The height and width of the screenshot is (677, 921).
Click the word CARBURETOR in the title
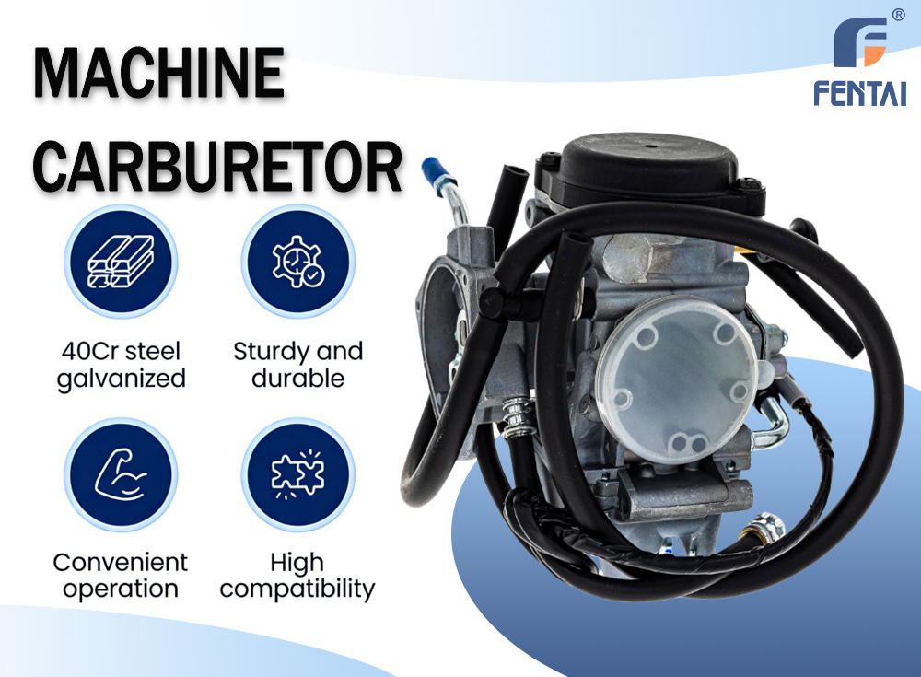[218, 167]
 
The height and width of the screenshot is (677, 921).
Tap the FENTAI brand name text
[859, 93]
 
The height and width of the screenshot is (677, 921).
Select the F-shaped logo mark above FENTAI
[860, 42]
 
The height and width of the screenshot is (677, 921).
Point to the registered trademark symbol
[898, 16]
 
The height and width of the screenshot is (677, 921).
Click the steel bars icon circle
[121, 262]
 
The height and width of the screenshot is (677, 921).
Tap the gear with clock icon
[297, 262]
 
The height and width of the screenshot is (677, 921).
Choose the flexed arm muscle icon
[121, 475]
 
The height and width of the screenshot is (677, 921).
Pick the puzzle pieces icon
[297, 475]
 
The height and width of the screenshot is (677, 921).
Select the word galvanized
[121, 379]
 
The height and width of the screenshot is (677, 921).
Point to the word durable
[297, 379]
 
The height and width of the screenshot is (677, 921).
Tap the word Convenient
[121, 563]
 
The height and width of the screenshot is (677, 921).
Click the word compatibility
[297, 589]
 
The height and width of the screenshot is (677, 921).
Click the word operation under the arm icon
[121, 589]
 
